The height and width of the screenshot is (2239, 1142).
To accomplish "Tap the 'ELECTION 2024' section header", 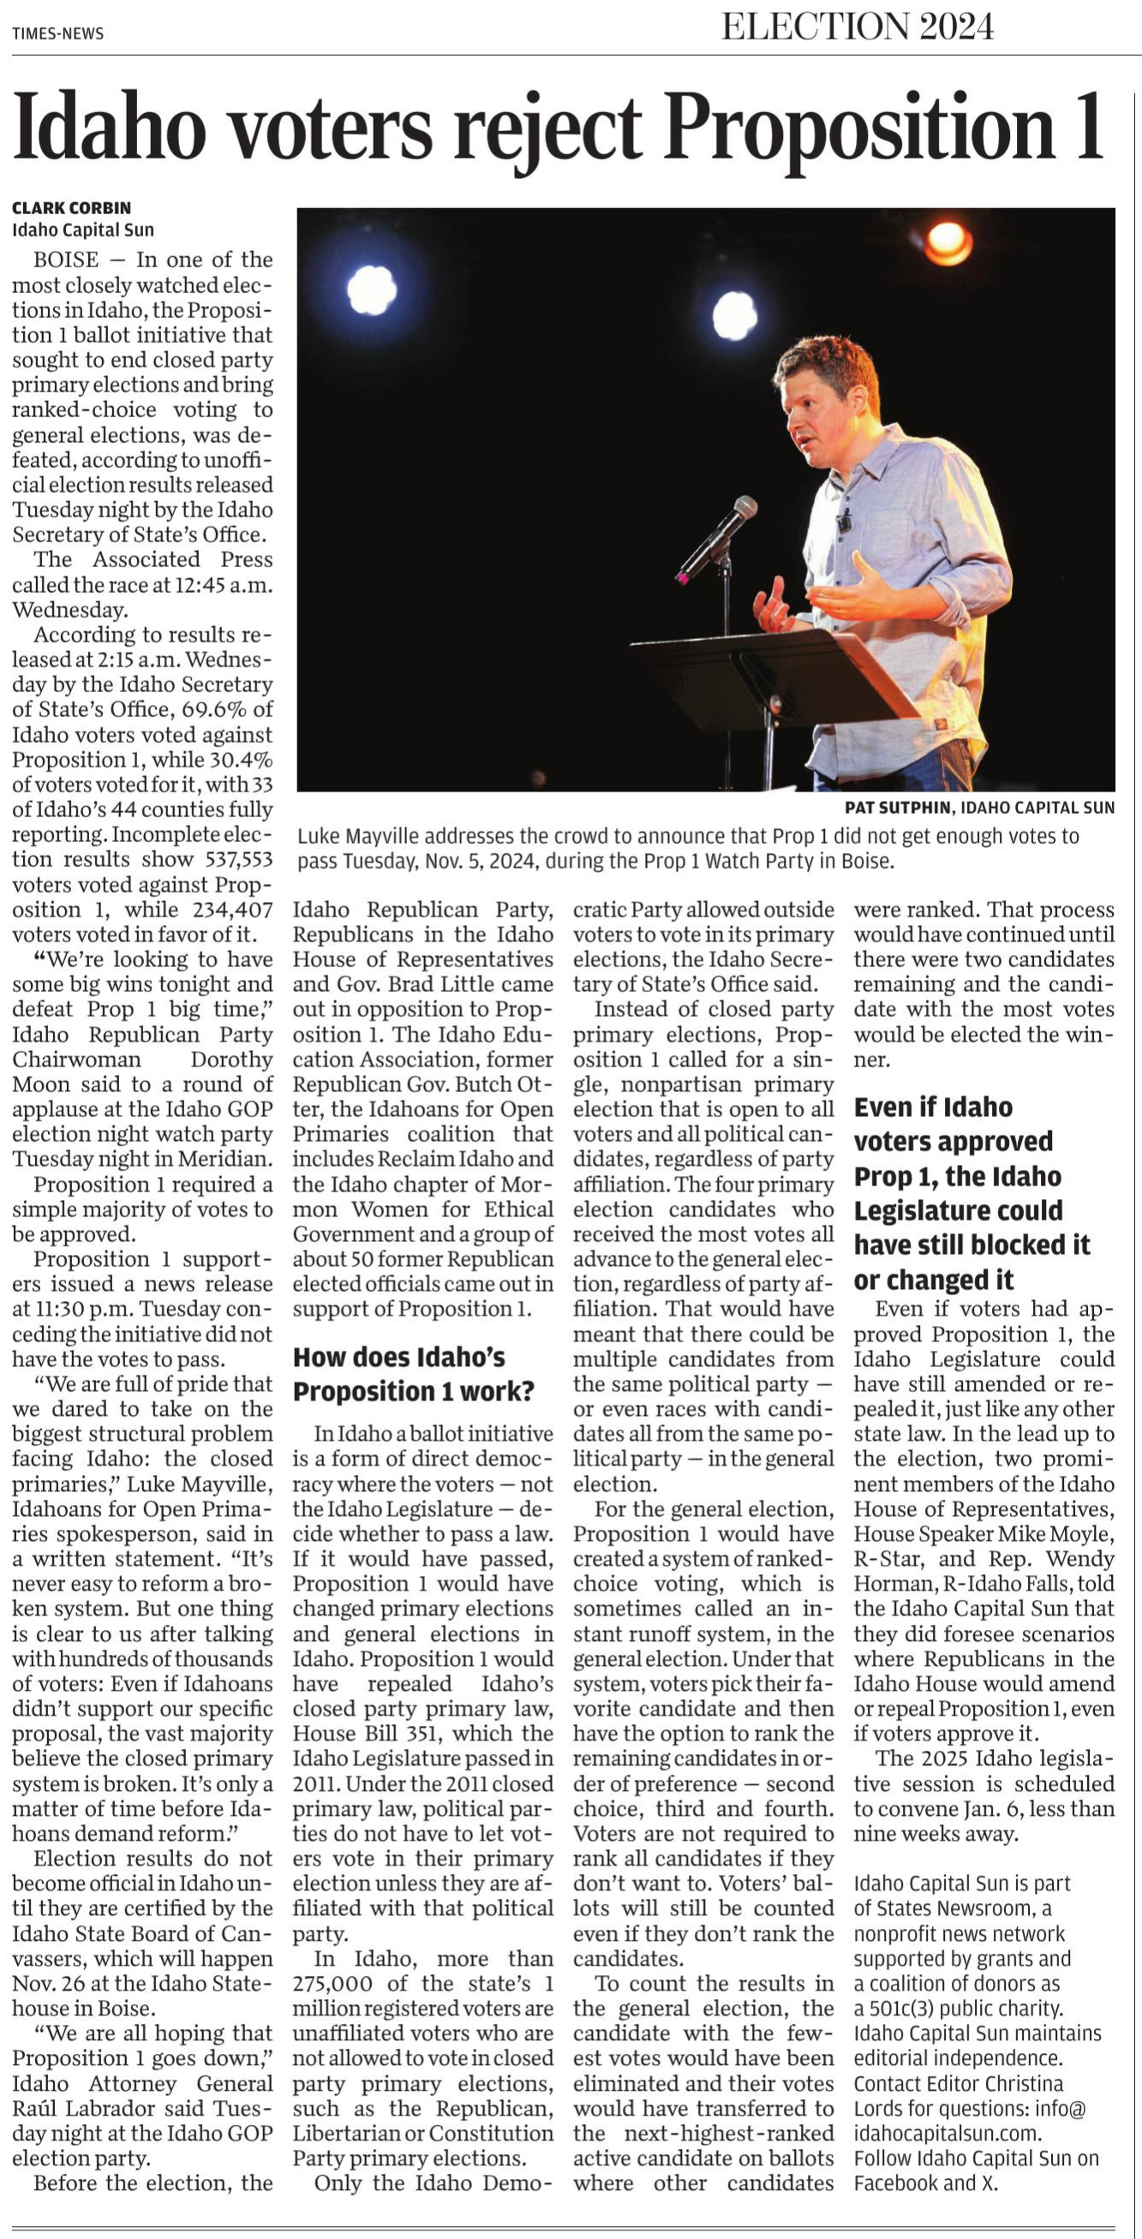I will click(857, 27).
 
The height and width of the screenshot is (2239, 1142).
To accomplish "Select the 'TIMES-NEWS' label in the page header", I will click(58, 33).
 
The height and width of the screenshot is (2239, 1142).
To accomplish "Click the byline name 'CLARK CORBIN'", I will click(71, 208).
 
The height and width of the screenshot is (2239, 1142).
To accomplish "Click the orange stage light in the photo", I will click(947, 242).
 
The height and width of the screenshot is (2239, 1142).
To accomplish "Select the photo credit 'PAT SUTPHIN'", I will click(898, 808).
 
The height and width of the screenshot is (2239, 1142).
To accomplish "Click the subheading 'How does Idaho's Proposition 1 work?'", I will click(412, 1373).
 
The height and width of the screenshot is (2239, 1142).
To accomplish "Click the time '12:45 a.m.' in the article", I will click(228, 584).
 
